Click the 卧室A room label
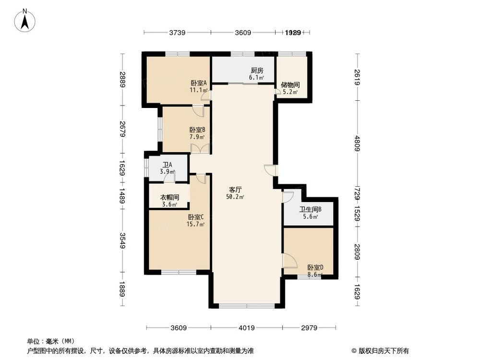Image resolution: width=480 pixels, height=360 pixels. [x=198, y=83]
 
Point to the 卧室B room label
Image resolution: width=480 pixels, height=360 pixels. [x=197, y=130]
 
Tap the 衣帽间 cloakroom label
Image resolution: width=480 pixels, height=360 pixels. [x=169, y=197]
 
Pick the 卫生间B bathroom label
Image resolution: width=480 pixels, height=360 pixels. [x=310, y=209]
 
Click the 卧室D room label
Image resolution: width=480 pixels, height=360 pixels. [x=315, y=268]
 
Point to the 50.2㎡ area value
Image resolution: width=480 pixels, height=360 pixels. [x=235, y=197]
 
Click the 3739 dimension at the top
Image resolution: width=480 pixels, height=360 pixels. [x=177, y=33]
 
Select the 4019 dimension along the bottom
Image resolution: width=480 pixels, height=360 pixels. [x=246, y=328]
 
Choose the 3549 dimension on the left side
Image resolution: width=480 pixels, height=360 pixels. [x=123, y=240]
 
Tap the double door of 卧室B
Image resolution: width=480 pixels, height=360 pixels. [x=200, y=148]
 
